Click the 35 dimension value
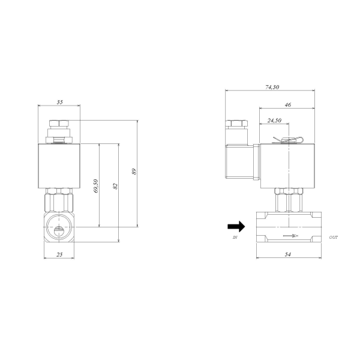point(59,102)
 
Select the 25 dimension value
point(59,254)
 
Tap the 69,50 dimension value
point(96,186)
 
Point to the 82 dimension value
point(115,186)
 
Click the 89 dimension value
point(134,172)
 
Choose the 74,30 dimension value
point(272,87)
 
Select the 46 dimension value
point(287,104)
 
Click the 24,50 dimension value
point(274,121)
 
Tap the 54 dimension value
point(287,254)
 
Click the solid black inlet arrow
point(236,227)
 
